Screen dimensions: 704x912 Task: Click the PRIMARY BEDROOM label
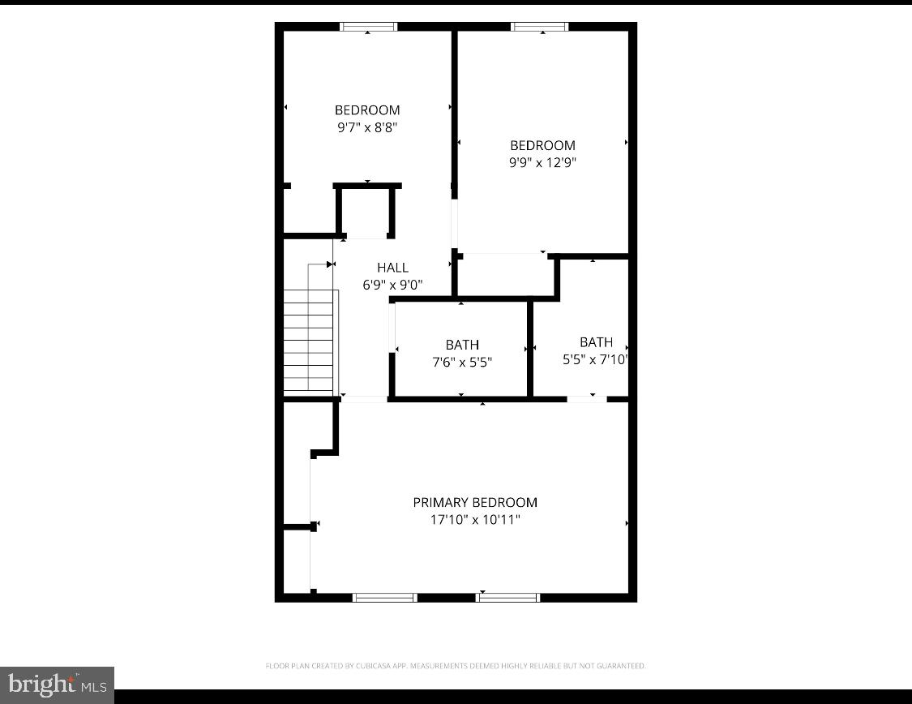click(475, 502)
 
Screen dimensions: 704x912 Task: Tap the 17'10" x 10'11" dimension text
click(475, 519)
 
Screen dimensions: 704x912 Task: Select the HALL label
click(392, 268)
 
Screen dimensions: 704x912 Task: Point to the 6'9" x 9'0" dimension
click(392, 285)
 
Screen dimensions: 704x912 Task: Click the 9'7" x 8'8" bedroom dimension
click(367, 127)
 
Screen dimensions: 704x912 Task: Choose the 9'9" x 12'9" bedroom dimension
click(542, 162)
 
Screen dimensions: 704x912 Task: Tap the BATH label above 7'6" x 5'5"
click(462, 345)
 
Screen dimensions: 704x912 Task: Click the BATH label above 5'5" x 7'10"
click(596, 342)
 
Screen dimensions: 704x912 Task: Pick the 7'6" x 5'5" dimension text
click(462, 362)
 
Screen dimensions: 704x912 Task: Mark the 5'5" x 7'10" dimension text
click(596, 359)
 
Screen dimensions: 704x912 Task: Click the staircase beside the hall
click(309, 341)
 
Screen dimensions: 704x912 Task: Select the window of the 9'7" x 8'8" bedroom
click(369, 27)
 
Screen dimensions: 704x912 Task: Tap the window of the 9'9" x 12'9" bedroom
click(540, 27)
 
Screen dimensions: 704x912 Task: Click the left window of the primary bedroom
click(385, 598)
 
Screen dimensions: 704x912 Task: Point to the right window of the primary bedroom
click(507, 598)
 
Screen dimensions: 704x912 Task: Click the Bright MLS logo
click(57, 685)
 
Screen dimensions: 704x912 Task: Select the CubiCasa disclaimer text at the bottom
click(456, 666)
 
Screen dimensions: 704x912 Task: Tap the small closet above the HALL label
click(366, 212)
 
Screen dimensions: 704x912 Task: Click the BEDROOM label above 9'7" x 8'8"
click(367, 110)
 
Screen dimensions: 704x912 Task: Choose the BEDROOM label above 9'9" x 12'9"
click(542, 145)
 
